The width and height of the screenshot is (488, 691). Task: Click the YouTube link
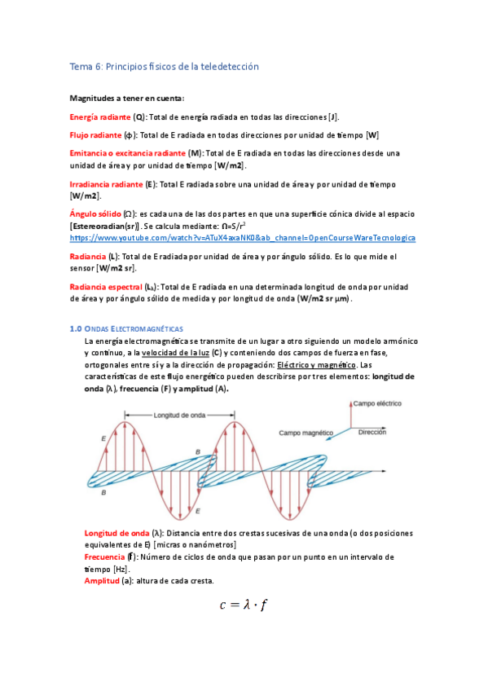click(243, 238)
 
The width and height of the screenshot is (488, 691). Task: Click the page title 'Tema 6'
click(164, 66)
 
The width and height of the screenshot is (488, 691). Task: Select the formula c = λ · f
click(244, 605)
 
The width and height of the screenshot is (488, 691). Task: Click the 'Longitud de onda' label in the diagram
click(179, 413)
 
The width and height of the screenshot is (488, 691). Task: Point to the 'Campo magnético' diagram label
click(307, 433)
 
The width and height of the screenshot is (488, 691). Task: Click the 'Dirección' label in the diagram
click(372, 432)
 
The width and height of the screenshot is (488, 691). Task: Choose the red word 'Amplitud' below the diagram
click(102, 580)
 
